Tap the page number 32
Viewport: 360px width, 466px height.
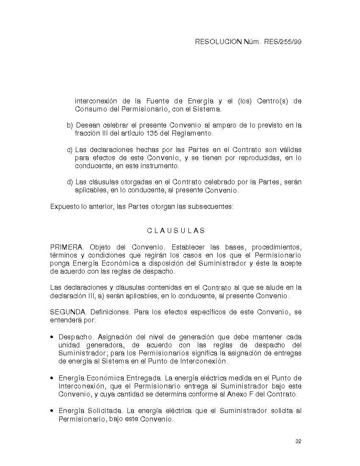(298, 441)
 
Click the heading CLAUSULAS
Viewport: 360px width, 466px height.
(176, 231)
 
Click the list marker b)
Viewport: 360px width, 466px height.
(70, 125)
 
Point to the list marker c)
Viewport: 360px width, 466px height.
(70, 150)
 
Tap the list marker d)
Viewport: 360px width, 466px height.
(70, 182)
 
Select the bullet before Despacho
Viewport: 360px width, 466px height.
(52, 337)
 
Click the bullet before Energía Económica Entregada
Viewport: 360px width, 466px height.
(52, 378)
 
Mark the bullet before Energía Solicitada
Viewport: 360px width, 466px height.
(52, 411)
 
